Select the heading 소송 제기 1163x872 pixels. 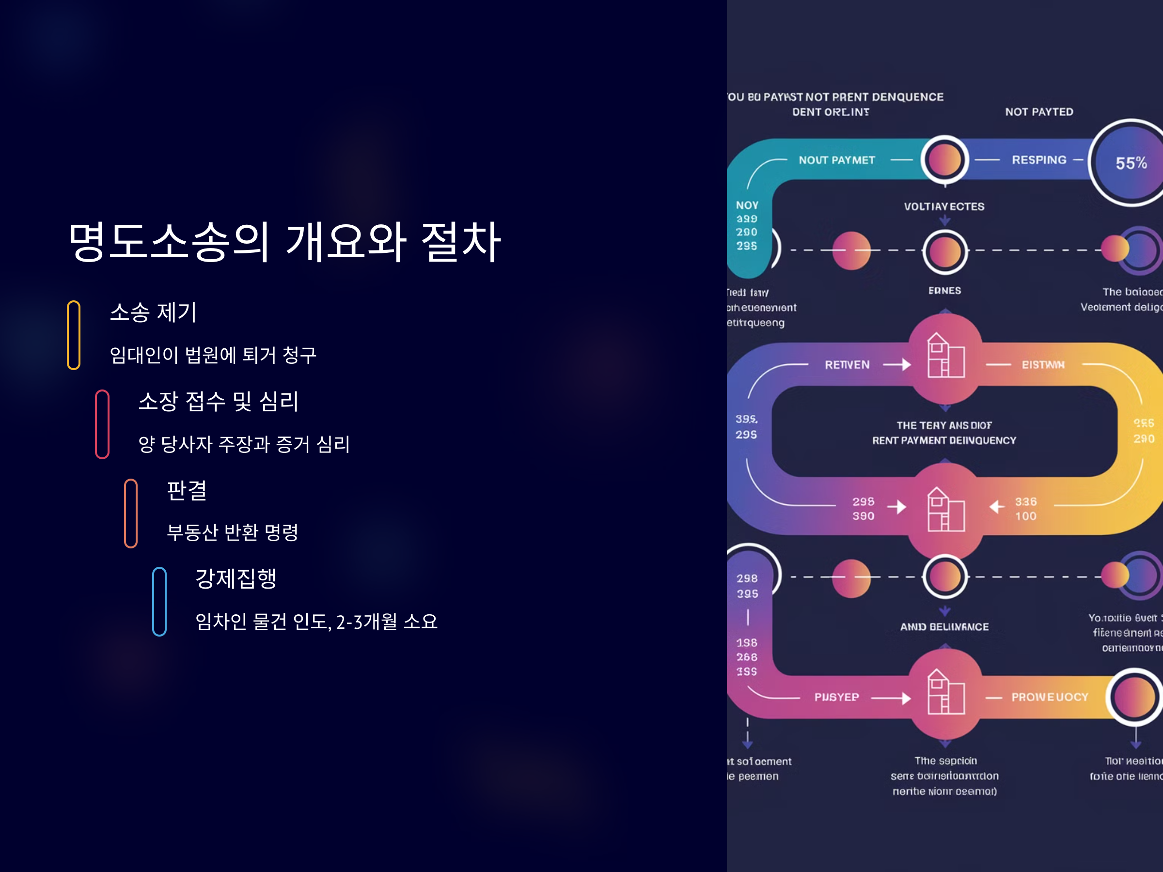[153, 312]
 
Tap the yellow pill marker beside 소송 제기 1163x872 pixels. [74, 335]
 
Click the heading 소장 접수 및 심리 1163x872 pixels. [218, 402]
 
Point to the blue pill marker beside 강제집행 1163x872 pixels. [159, 601]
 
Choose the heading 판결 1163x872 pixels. [187, 490]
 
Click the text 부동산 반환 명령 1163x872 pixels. [233, 532]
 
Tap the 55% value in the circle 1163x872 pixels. [1131, 163]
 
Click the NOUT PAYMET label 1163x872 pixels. [836, 160]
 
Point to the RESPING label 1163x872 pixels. [1039, 160]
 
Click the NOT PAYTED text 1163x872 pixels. [1039, 112]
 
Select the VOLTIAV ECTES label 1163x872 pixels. [944, 206]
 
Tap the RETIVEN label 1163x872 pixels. [847, 365]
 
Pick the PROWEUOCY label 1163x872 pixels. [1050, 697]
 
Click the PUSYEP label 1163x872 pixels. [836, 697]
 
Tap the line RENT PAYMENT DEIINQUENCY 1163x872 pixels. [944, 440]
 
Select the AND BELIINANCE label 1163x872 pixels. [944, 626]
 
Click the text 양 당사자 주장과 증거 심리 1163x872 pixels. [244, 444]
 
